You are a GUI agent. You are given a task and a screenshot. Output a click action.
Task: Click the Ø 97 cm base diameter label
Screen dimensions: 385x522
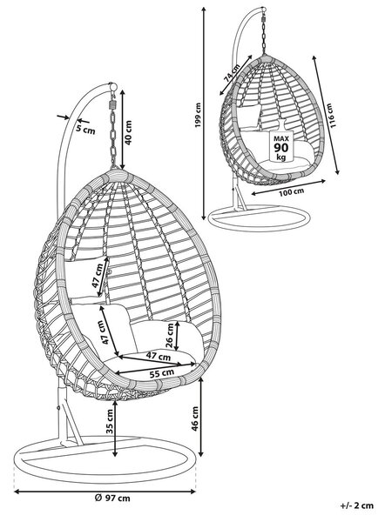click(112, 498)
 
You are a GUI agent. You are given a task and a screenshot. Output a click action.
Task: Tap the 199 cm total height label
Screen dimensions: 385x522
click(199, 115)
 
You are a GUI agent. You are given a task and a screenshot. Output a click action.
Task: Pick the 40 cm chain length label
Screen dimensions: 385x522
click(128, 132)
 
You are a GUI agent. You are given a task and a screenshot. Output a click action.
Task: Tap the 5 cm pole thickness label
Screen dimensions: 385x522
click(85, 129)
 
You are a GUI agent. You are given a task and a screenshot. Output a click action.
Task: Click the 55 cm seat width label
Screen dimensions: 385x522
click(162, 373)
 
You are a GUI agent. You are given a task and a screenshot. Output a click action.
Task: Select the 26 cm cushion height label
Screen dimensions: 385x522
click(170, 336)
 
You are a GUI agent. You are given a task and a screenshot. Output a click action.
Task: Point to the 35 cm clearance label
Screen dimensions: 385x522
click(110, 421)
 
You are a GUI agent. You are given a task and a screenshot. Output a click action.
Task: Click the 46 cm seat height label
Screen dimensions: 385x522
click(195, 418)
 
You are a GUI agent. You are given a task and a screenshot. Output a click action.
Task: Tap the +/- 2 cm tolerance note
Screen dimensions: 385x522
click(356, 505)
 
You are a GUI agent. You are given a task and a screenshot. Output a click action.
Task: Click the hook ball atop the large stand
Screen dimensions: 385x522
click(113, 87)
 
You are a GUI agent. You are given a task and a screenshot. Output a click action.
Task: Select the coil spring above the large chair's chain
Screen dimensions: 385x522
click(112, 104)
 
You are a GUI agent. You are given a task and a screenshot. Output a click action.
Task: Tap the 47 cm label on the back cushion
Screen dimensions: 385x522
click(98, 277)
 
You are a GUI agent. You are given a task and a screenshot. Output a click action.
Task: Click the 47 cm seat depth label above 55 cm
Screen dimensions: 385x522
click(158, 356)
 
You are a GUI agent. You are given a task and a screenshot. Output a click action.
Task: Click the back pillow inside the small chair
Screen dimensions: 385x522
click(249, 117)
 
